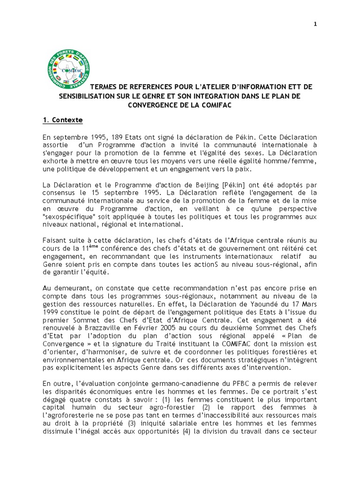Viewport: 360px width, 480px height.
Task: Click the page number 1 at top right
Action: (x=315, y=25)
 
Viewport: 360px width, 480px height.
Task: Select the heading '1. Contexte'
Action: (x=63, y=120)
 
